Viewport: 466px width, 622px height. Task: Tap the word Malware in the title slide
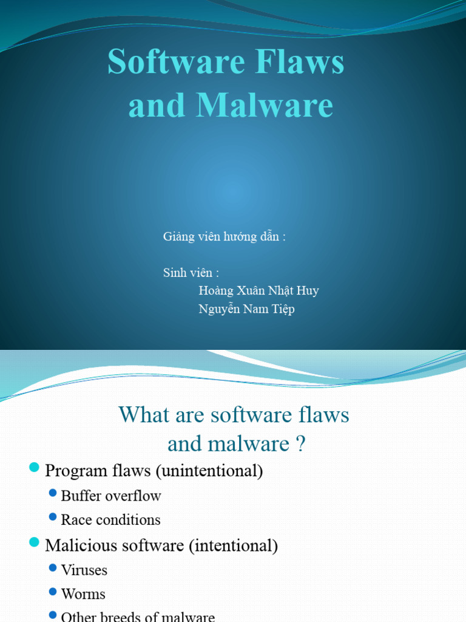coord(264,105)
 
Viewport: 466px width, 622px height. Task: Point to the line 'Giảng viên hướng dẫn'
coord(224,237)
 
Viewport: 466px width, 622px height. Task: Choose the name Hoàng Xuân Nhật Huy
coord(258,291)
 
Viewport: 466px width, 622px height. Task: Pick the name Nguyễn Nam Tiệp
coord(246,309)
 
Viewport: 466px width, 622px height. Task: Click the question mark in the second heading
coord(300,444)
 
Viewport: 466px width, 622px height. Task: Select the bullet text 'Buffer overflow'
coord(111,496)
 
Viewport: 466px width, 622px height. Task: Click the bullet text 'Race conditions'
coord(111,520)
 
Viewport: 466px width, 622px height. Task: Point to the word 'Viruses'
coord(84,570)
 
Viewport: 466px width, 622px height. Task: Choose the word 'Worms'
coord(83,594)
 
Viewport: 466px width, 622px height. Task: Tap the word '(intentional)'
coord(233,545)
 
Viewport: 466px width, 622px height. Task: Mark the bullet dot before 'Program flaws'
coord(35,468)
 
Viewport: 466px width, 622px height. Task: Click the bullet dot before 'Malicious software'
coord(35,542)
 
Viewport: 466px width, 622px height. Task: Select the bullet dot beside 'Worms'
coord(53,592)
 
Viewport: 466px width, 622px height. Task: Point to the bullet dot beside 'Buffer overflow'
coord(53,493)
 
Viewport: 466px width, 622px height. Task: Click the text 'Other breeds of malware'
coord(138,617)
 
